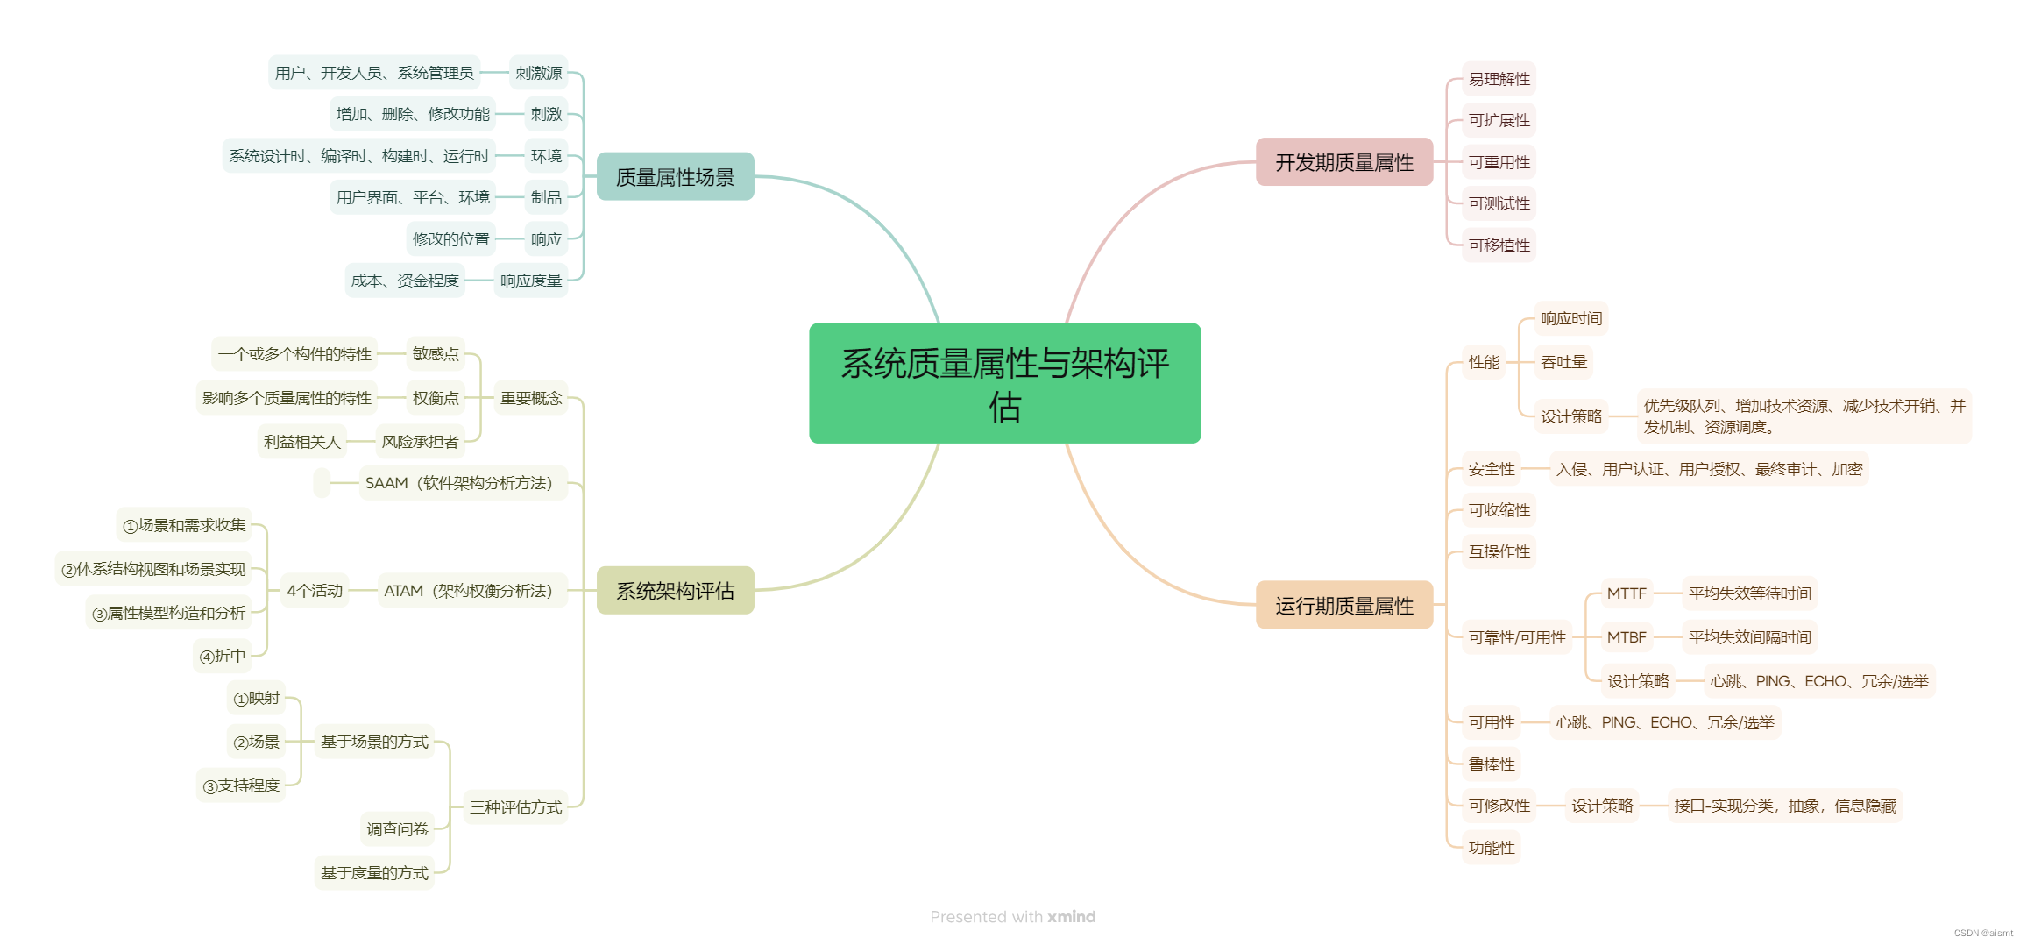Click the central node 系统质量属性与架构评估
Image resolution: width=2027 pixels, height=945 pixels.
coord(1004,383)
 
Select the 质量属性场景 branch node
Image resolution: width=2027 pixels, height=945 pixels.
coord(675,177)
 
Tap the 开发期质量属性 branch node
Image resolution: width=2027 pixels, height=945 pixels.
coord(1343,162)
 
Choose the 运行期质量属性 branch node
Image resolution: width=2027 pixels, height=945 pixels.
coord(1343,606)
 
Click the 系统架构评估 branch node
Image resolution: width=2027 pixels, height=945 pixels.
coord(675,591)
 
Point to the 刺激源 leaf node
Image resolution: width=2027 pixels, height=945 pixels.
coord(538,73)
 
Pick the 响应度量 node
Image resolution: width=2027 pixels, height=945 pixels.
coord(530,281)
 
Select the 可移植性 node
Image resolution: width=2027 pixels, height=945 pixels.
coord(1499,245)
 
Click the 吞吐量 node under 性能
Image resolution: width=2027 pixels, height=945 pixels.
coord(1563,362)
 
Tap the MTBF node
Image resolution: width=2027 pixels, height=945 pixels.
coord(1626,637)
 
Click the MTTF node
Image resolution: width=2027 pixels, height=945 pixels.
coord(1626,593)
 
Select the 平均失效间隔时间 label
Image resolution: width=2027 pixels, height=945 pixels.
coord(1749,637)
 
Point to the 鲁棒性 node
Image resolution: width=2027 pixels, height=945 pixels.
coord(1491,764)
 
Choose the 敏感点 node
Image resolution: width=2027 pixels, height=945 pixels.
coord(436,353)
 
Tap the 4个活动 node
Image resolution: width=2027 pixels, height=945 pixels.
coord(315,591)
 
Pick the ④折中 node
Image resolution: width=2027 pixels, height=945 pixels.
coord(223,656)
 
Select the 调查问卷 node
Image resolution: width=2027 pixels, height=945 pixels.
coord(397,828)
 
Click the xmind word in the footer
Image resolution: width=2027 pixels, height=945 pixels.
coord(1071,917)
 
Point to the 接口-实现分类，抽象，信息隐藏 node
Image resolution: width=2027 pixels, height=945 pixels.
coord(1784,806)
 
